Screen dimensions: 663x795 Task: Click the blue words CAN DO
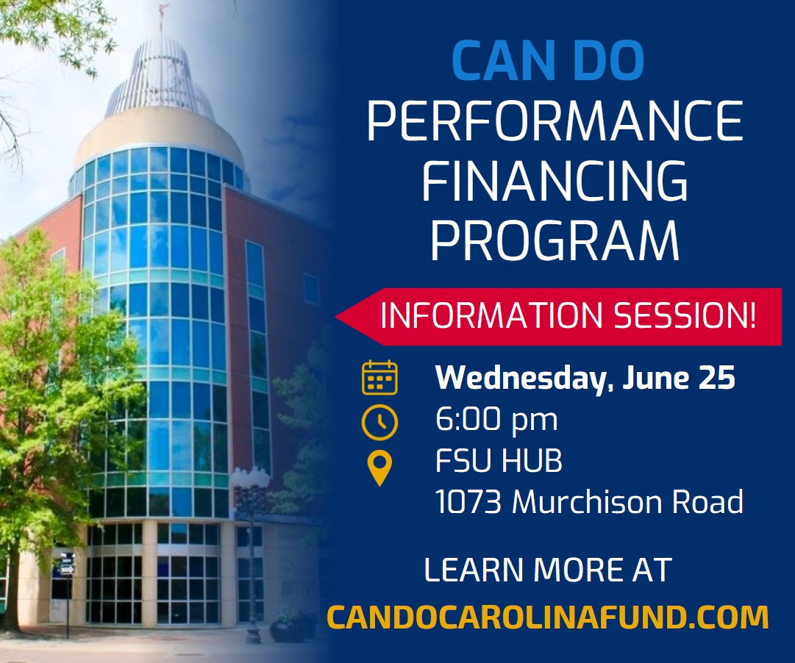point(548,61)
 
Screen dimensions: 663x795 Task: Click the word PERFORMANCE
point(555,121)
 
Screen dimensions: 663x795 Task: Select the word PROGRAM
point(555,240)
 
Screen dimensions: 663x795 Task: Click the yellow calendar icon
point(379,377)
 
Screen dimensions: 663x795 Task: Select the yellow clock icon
point(379,423)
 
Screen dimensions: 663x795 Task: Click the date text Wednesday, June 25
point(585,378)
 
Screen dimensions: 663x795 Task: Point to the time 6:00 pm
point(496,420)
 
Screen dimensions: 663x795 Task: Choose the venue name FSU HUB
point(499,462)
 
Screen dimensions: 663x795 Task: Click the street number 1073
point(468,503)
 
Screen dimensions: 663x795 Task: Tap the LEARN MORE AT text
point(548,570)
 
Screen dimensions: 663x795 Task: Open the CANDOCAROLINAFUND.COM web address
point(548,617)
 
